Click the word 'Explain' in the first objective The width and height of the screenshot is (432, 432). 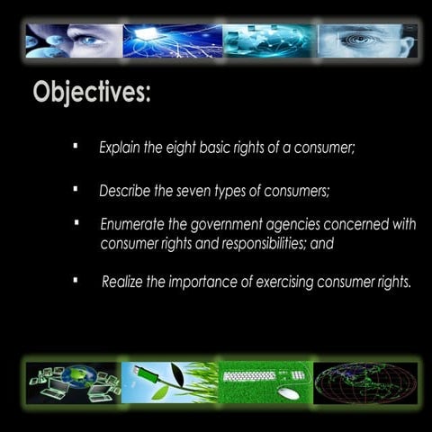120,146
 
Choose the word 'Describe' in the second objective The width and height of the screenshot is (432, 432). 125,191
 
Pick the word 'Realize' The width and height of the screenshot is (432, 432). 122,282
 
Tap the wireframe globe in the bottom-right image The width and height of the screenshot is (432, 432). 365,382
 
